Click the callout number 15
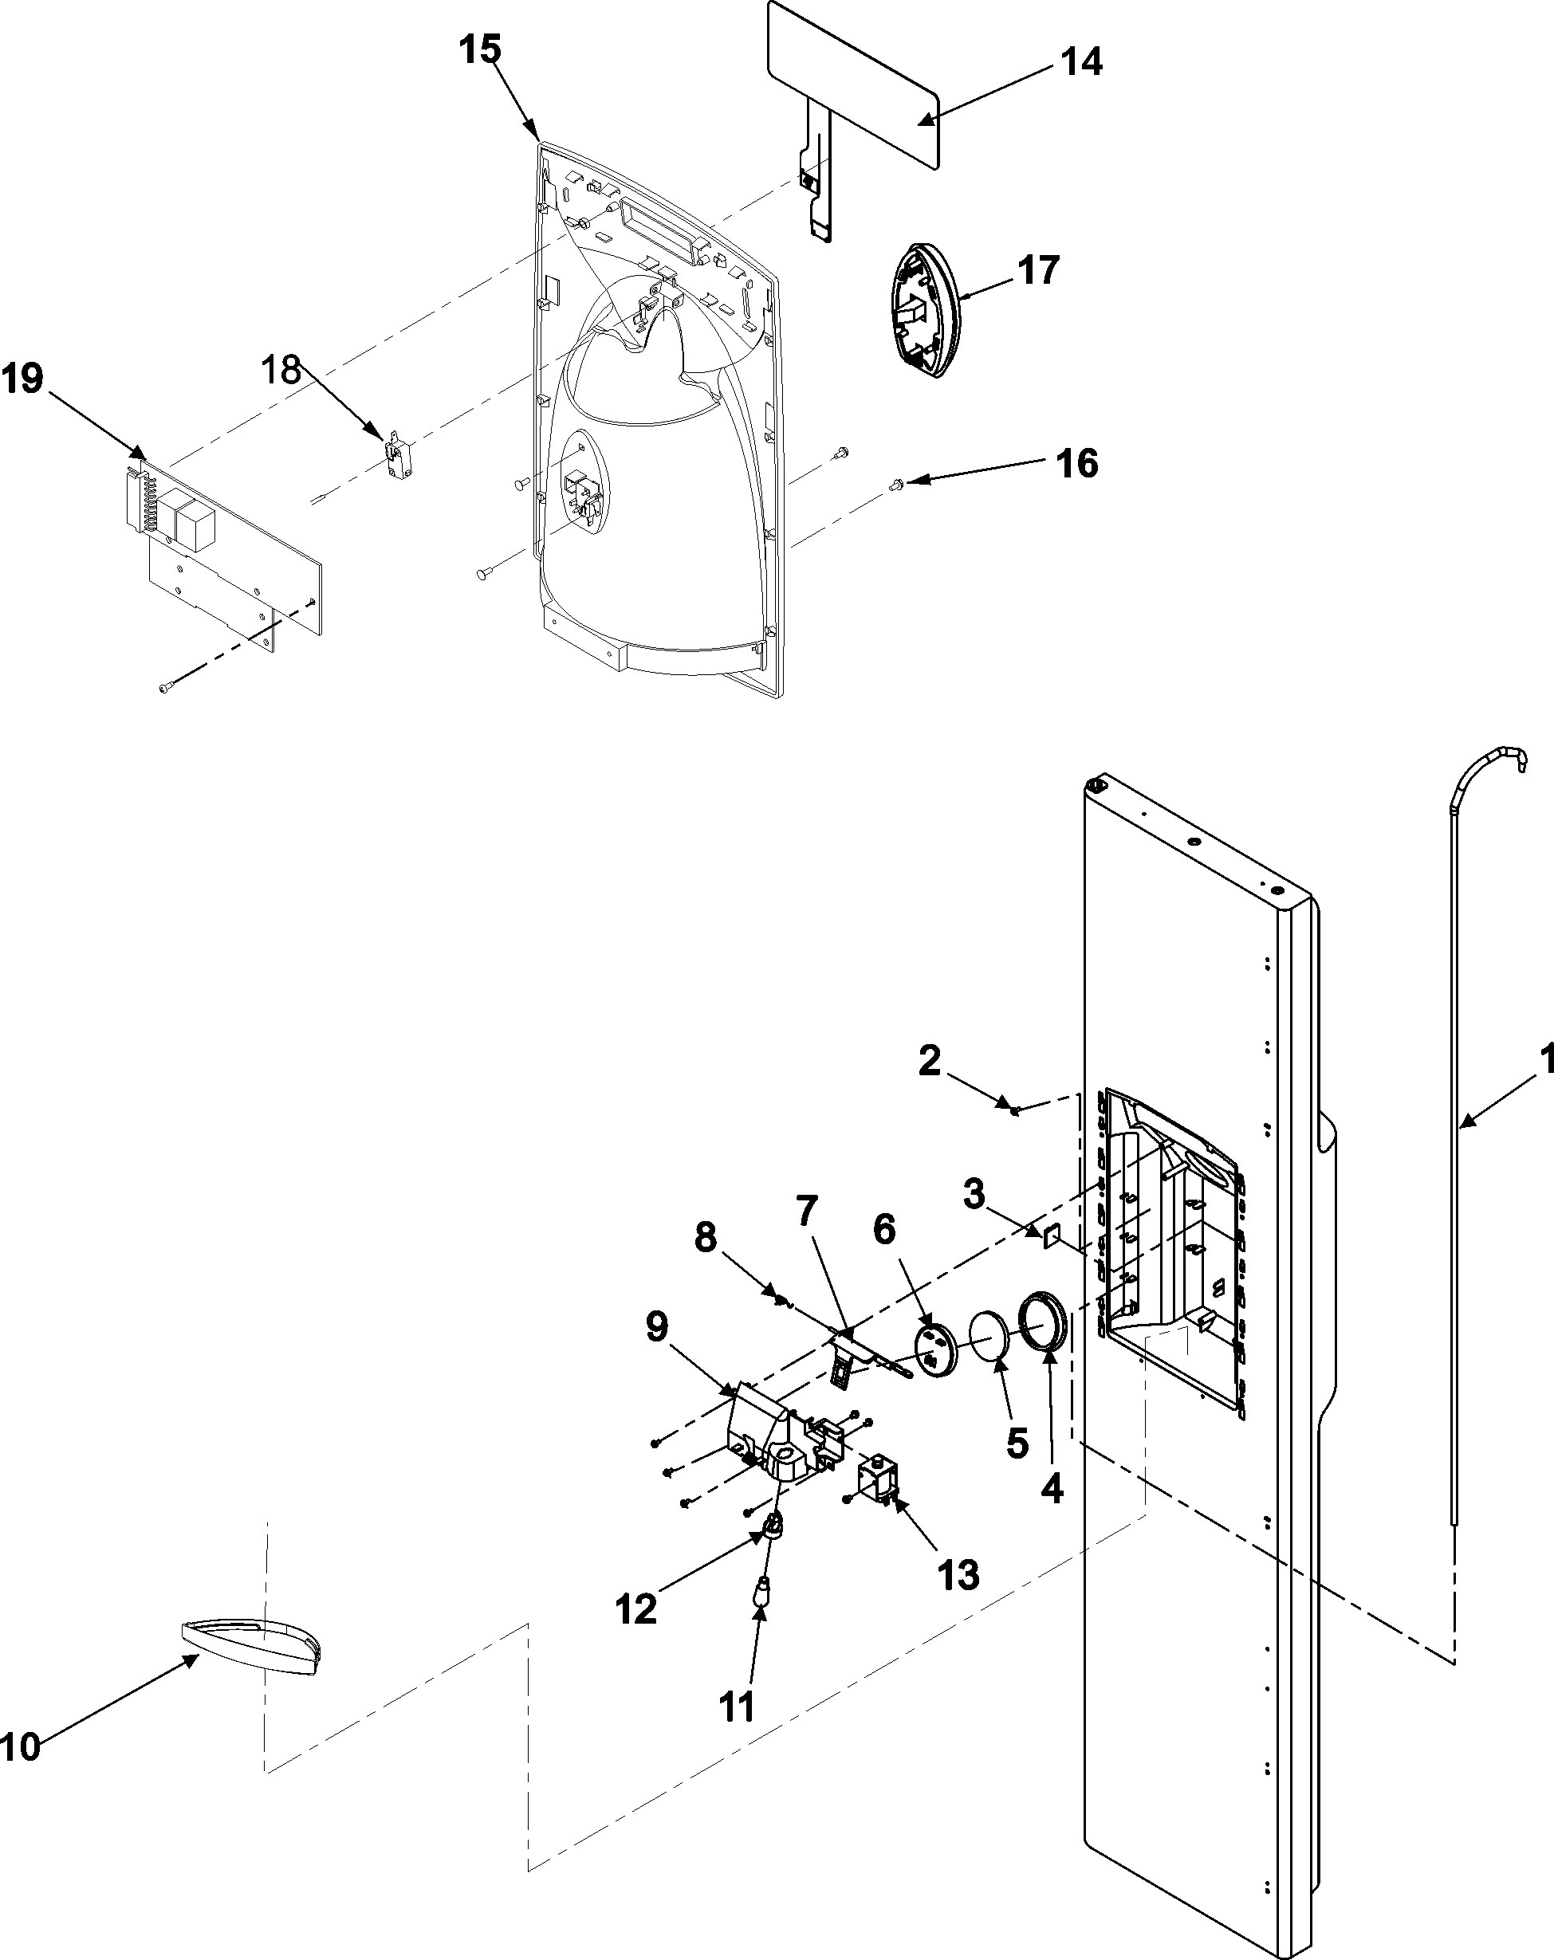coord(479,50)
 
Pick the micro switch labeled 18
coord(394,449)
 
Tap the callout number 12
coord(635,1610)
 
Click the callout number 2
coord(928,1061)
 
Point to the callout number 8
coord(706,1237)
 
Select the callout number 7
coord(807,1210)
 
